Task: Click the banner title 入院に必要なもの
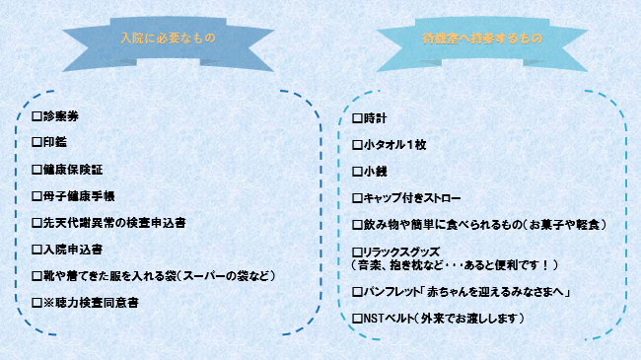pyautogui.click(x=167, y=38)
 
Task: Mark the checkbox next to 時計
pyautogui.click(x=357, y=118)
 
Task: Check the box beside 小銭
pyautogui.click(x=357, y=171)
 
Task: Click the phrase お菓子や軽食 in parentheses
pyautogui.click(x=567, y=224)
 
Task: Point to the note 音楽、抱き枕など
pyautogui.click(x=404, y=265)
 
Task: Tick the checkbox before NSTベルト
pyautogui.click(x=357, y=319)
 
